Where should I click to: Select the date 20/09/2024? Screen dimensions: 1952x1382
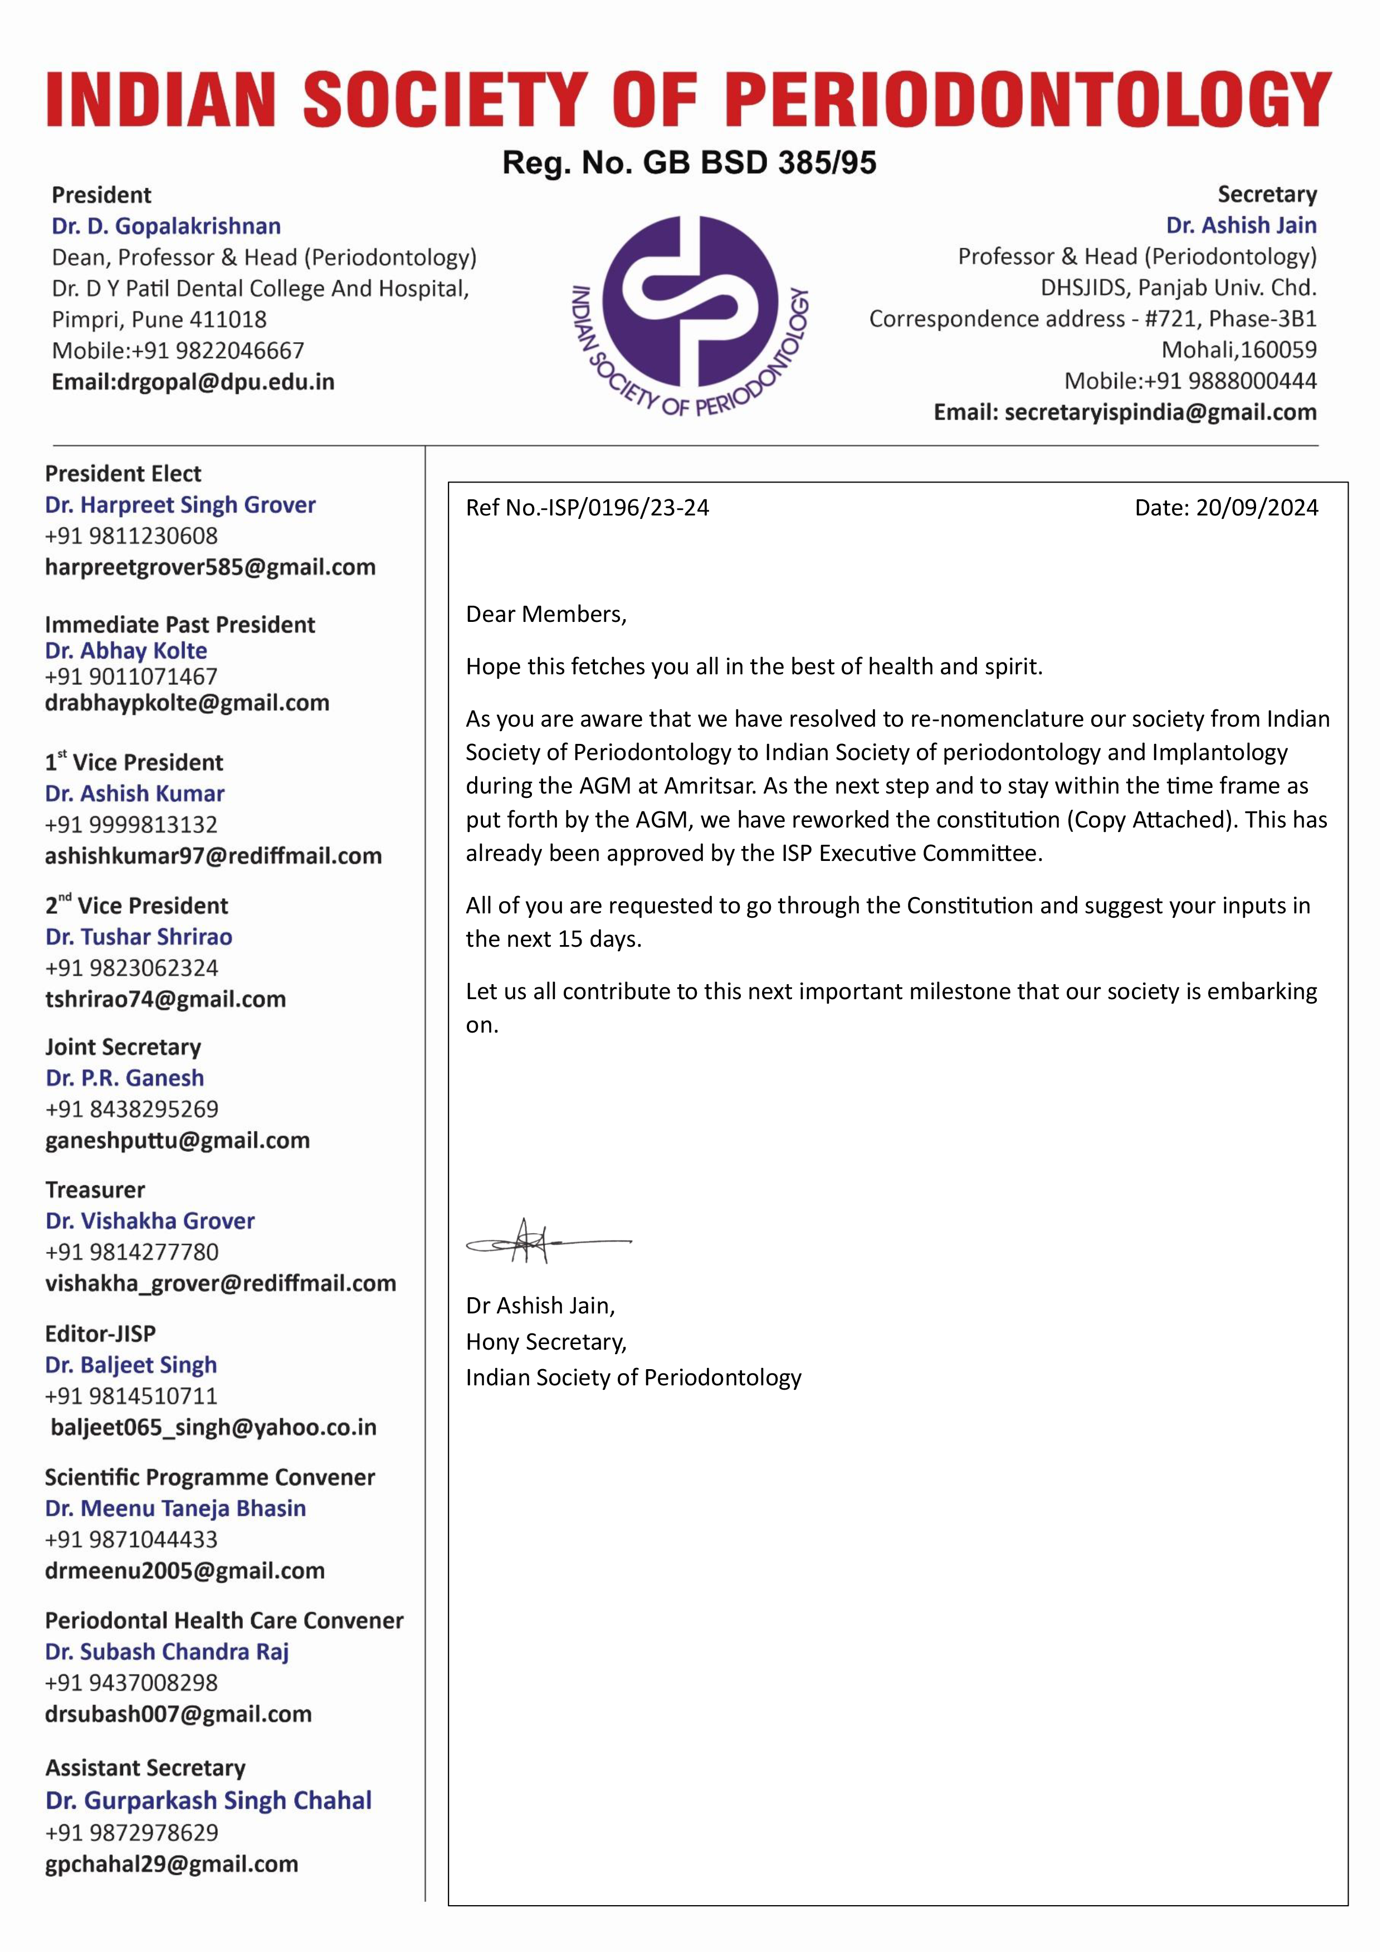pyautogui.click(x=1256, y=508)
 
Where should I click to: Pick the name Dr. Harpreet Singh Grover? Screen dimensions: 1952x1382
pyautogui.click(x=180, y=505)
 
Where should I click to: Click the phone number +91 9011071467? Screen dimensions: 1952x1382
pyautogui.click(x=131, y=677)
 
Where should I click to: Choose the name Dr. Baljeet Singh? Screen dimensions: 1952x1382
pyautogui.click(x=131, y=1365)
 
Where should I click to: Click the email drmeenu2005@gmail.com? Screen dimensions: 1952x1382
pyautogui.click(x=185, y=1571)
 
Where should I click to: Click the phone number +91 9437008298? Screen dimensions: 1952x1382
pyautogui.click(x=131, y=1683)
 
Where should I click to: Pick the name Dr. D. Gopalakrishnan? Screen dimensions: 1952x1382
pyautogui.click(x=166, y=226)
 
